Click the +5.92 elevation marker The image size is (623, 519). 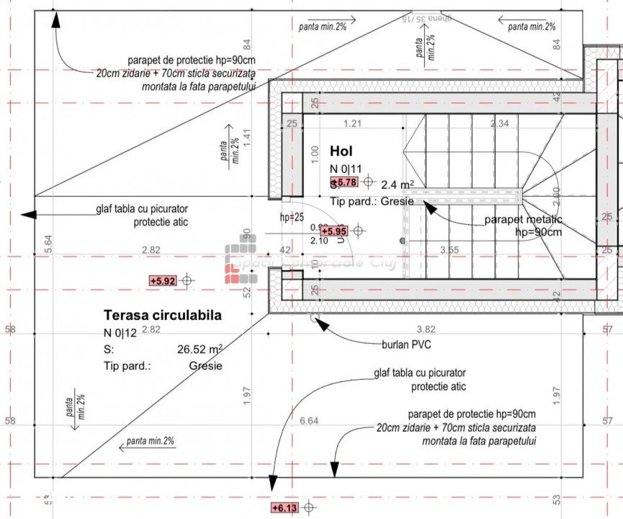tap(163, 280)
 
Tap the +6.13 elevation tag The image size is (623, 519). tap(284, 508)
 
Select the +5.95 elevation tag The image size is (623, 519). tap(333, 231)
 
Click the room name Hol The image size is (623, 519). tap(344, 151)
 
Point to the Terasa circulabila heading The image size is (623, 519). tap(163, 315)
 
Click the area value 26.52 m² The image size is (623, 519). tap(200, 349)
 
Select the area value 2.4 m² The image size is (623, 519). tap(397, 184)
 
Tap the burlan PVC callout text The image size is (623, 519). tap(406, 345)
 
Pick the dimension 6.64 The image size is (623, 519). tap(308, 420)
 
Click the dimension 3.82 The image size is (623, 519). tap(426, 329)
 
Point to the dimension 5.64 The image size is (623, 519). tap(48, 243)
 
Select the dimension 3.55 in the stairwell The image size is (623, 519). tap(449, 250)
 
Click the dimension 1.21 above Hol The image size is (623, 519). tap(352, 123)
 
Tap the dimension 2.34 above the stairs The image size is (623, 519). tap(499, 123)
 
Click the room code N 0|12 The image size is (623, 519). tap(120, 332)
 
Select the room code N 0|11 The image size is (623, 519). tap(346, 169)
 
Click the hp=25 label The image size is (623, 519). tap(291, 217)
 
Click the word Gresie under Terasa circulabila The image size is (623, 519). tap(206, 365)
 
